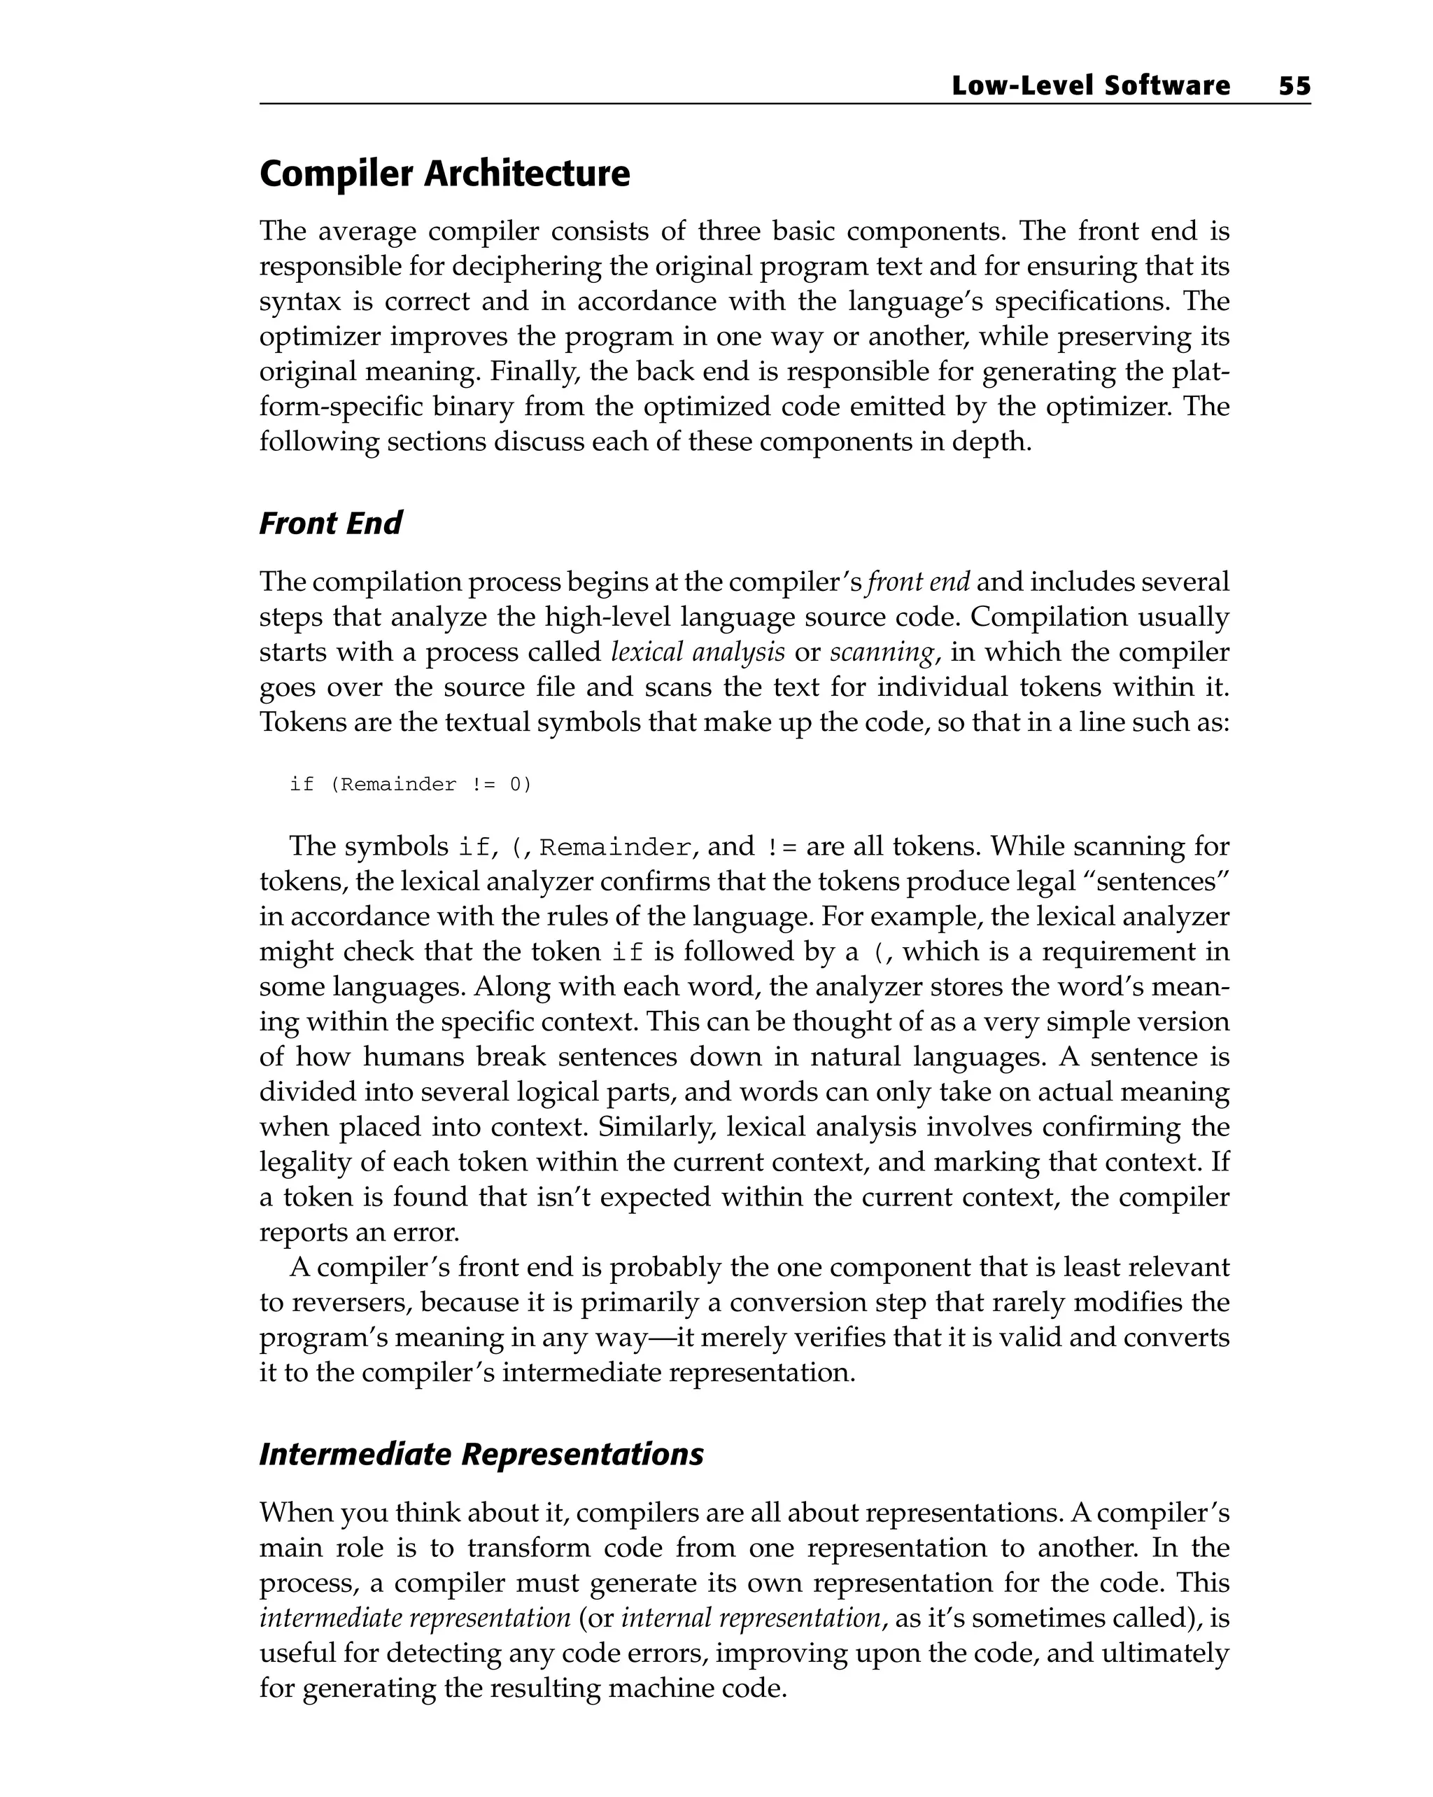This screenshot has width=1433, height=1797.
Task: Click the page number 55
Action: pyautogui.click(x=1294, y=86)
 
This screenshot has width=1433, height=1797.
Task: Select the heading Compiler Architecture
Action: pyautogui.click(x=444, y=174)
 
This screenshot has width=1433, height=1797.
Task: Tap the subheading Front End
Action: pyautogui.click(x=330, y=524)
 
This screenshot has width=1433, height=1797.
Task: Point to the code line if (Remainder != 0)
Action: pyautogui.click(x=410, y=784)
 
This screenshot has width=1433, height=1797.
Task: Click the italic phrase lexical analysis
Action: pyautogui.click(x=698, y=652)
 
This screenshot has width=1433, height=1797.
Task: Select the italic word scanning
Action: pyautogui.click(x=882, y=652)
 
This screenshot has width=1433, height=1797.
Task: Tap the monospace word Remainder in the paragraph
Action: pyautogui.click(x=615, y=848)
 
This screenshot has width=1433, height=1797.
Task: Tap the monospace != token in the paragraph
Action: pyautogui.click(x=779, y=848)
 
